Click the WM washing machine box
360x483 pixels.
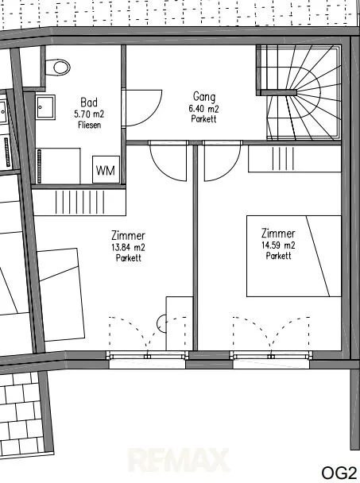point(106,169)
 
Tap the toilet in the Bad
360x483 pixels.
point(59,67)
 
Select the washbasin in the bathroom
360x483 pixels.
point(45,107)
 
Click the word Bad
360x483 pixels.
point(89,102)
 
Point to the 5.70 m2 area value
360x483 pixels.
point(89,114)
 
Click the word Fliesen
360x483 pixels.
point(89,125)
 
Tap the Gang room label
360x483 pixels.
point(204,97)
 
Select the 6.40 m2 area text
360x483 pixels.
point(203,109)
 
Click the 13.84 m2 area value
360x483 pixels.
point(128,247)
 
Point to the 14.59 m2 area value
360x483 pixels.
point(278,245)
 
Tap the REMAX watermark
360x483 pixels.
point(178,460)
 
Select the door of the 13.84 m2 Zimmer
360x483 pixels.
point(168,160)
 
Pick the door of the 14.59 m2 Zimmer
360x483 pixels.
point(222,160)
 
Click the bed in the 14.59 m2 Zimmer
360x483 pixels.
point(294,256)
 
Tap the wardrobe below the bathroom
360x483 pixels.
point(79,202)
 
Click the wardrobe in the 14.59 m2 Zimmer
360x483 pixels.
point(295,159)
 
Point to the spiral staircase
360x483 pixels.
point(299,92)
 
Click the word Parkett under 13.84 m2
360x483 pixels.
point(129,258)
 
